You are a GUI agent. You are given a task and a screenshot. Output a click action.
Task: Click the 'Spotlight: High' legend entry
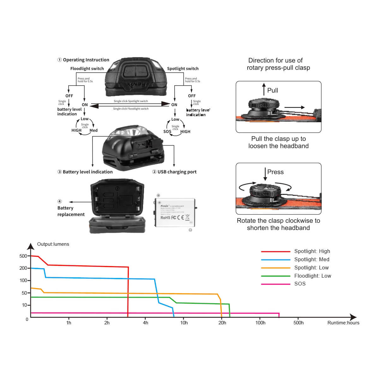pyautogui.click(x=312, y=251)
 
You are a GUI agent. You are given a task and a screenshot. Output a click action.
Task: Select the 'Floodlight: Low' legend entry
pyautogui.click(x=312, y=276)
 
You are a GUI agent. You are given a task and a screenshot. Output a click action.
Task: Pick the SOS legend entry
pyautogui.click(x=300, y=284)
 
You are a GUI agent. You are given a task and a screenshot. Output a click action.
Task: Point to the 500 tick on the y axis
pyautogui.click(x=23, y=256)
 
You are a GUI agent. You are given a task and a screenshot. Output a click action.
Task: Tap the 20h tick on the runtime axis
pyautogui.click(x=222, y=323)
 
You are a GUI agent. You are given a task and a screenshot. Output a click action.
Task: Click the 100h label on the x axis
pyautogui.click(x=260, y=323)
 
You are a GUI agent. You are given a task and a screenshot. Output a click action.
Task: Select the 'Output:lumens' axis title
pyautogui.click(x=53, y=244)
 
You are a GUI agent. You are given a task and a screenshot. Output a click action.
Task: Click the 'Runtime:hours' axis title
pyautogui.click(x=343, y=323)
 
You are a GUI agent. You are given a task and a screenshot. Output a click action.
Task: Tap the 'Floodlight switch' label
pyautogui.click(x=87, y=69)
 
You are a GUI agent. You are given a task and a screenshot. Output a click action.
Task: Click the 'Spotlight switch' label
pyautogui.click(x=183, y=69)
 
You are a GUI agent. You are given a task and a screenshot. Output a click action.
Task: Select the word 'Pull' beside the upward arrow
pyautogui.click(x=273, y=90)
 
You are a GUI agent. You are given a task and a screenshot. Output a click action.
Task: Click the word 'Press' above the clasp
pyautogui.click(x=275, y=172)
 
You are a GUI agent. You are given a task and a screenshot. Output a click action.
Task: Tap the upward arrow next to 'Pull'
pyautogui.click(x=264, y=89)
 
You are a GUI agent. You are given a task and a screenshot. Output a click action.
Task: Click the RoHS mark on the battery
pyautogui.click(x=165, y=218)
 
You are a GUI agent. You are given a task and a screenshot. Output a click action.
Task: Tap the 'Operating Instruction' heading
pyautogui.click(x=86, y=60)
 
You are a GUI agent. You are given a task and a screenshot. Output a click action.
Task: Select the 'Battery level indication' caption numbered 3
pyautogui.click(x=87, y=172)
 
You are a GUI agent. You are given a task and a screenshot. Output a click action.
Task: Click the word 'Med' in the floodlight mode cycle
pyautogui.click(x=93, y=130)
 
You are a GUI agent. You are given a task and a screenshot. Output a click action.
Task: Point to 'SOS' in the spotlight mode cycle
pyautogui.click(x=167, y=132)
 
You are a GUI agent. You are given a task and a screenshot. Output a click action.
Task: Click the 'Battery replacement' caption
pyautogui.click(x=71, y=211)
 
